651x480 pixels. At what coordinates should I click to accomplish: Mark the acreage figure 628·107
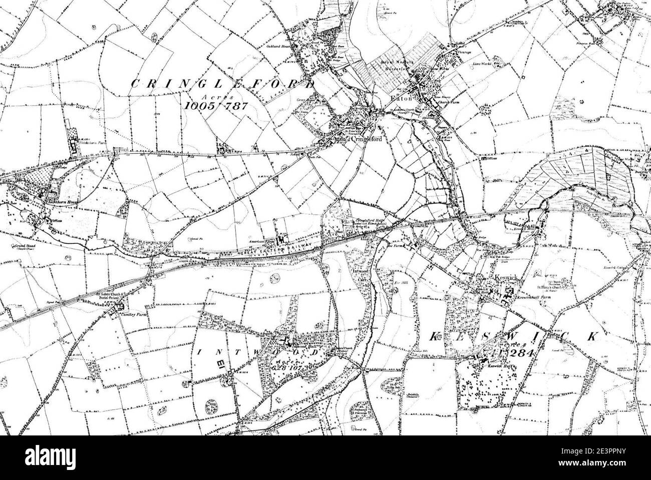[x=297, y=365]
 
